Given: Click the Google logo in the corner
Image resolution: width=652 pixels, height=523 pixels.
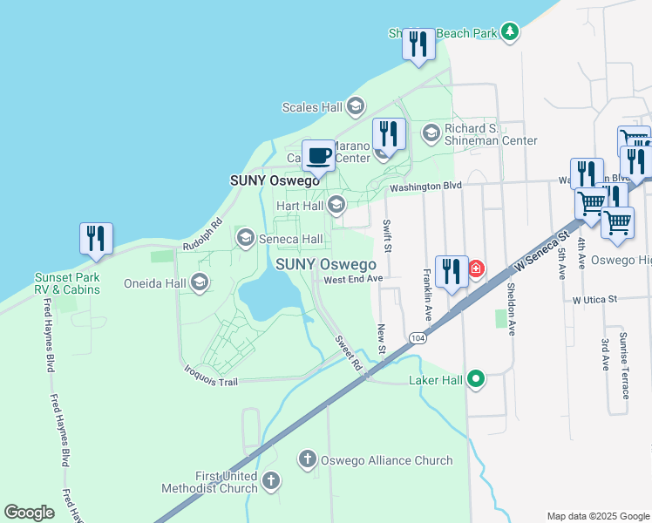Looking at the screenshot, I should [30, 513].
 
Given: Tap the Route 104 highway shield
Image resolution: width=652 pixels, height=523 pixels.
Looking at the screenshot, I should [418, 337].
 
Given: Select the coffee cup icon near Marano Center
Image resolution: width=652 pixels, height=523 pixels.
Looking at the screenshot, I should [318, 157].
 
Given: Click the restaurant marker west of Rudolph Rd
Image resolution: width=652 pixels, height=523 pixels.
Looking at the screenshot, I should [96, 239].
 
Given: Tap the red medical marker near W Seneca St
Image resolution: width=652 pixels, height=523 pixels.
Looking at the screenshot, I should [476, 268].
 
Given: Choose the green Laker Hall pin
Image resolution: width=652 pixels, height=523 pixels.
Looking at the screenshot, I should [475, 379].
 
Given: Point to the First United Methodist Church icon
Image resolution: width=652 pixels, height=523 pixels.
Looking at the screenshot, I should [271, 481].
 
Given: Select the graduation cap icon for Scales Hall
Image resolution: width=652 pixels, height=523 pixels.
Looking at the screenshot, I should [355, 107].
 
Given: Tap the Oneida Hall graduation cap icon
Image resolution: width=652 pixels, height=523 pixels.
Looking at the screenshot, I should [200, 282].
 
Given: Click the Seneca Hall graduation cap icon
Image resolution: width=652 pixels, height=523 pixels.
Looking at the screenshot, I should [245, 238].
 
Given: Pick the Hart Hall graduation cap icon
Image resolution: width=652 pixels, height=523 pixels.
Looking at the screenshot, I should [336, 206].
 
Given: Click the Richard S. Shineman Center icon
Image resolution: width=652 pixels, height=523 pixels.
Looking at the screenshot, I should [431, 133].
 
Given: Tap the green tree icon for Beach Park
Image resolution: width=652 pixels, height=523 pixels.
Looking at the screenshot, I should [510, 33].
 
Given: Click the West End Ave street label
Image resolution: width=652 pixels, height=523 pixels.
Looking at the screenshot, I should [353, 279].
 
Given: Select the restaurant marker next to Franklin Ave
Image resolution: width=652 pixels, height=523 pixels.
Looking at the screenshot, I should [451, 271].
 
